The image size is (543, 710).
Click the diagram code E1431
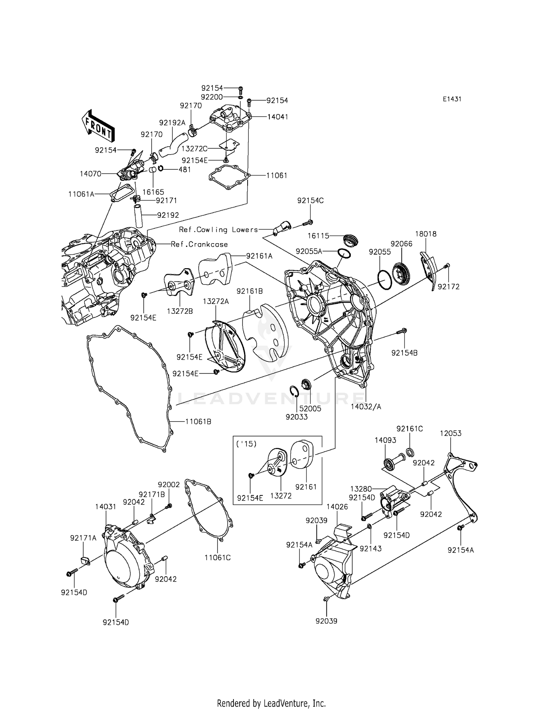point(451,99)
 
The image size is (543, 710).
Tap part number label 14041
point(278,117)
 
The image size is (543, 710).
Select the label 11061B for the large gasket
point(198,422)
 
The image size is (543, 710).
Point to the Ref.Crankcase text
point(199,244)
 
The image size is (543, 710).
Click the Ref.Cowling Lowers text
point(218,230)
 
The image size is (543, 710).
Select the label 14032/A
point(366,407)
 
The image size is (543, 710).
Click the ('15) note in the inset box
point(246,444)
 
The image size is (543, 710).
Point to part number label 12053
point(450,433)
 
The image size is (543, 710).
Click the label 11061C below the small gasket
point(217,558)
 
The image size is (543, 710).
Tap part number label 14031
point(106,507)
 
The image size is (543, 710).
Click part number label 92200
point(212,97)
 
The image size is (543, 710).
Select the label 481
point(185,169)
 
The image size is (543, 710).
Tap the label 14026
point(337,507)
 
